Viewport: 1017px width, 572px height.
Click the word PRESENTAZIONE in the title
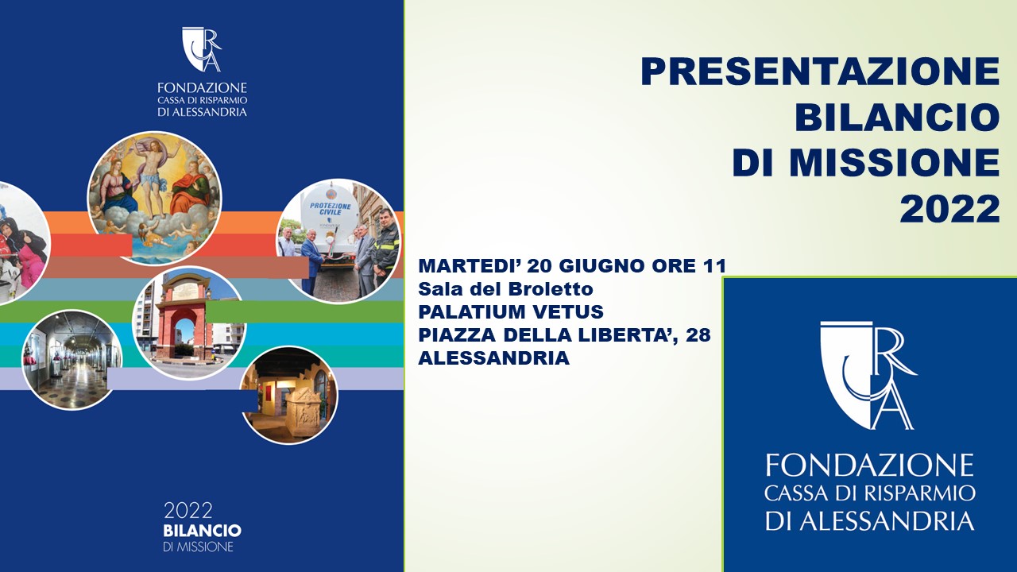click(821, 71)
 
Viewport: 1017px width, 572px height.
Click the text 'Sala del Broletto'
click(506, 289)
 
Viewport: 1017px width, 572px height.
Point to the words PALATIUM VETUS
click(511, 312)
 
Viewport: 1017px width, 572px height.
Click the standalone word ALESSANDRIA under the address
click(494, 358)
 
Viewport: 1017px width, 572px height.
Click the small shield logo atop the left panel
click(202, 49)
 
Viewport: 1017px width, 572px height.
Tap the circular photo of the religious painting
click(154, 199)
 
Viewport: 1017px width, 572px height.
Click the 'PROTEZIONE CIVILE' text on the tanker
click(331, 209)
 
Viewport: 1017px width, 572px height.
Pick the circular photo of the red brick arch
click(189, 323)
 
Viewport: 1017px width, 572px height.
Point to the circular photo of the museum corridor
click(72, 360)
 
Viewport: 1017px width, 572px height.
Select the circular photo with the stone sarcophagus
click(288, 396)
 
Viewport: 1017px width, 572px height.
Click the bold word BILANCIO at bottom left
click(202, 531)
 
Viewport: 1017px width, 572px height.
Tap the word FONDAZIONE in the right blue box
click(869, 466)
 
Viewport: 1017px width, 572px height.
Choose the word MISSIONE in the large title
click(895, 164)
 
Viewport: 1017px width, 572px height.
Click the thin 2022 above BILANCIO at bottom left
click(188, 511)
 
